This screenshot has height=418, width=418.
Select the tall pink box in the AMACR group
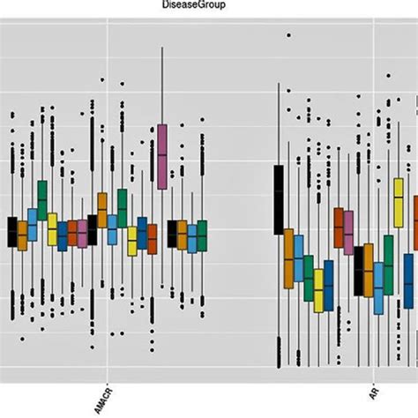[x=162, y=157]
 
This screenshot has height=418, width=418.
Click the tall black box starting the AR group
[x=279, y=198]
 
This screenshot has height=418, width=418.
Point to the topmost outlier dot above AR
[x=287, y=35]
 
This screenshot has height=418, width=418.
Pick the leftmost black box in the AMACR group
[x=12, y=231]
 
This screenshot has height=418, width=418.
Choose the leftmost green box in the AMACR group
[x=42, y=200]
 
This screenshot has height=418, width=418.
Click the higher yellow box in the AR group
[x=398, y=202]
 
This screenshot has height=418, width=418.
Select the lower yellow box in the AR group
[x=318, y=290]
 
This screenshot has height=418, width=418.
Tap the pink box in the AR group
[x=348, y=232]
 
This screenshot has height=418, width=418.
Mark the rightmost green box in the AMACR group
[x=202, y=235]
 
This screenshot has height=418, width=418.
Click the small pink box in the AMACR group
[x=82, y=233]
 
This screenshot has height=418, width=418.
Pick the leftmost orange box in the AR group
[x=288, y=257]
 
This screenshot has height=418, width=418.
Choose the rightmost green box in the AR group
[x=388, y=265]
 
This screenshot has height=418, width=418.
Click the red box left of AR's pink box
[x=339, y=228]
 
